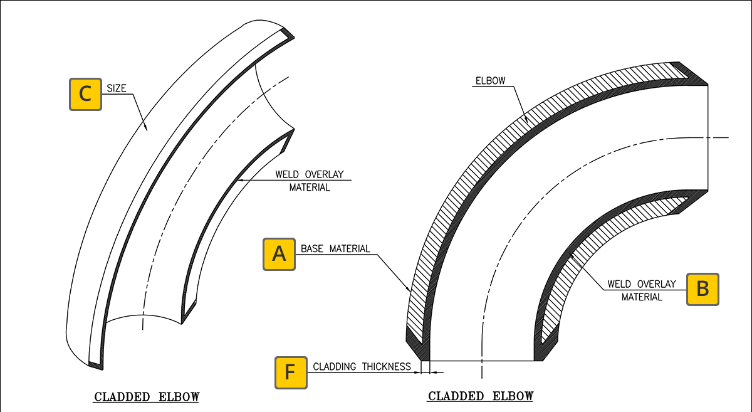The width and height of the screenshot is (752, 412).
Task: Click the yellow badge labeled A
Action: [279, 254]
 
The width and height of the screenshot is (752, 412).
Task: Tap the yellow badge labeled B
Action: [702, 289]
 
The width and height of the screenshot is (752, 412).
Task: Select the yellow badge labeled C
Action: [85, 95]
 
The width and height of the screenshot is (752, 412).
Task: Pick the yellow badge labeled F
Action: [291, 372]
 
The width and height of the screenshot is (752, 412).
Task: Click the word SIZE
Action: [117, 88]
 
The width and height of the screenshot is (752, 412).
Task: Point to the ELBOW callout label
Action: [491, 81]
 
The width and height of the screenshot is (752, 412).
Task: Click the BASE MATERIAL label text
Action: [335, 249]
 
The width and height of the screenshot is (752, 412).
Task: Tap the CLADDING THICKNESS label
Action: [362, 366]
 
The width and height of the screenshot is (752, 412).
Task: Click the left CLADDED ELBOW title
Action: [147, 397]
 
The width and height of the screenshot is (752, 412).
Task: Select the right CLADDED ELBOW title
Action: [481, 396]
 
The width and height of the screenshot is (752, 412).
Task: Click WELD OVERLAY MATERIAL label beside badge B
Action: [642, 291]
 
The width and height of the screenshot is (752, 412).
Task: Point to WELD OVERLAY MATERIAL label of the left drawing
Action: [310, 181]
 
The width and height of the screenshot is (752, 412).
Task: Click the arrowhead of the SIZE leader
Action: [145, 129]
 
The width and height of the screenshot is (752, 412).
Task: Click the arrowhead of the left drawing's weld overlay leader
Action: [239, 181]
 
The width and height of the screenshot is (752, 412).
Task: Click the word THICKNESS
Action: [387, 366]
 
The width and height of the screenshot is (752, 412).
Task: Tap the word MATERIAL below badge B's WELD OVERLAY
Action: [642, 297]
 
